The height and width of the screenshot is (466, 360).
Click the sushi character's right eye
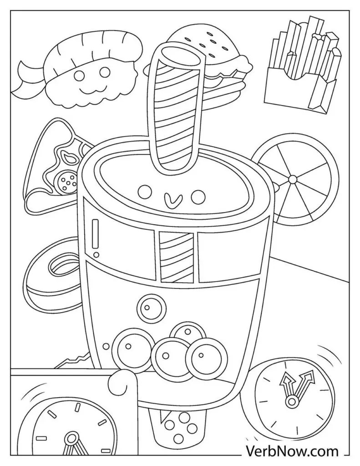point(104,71)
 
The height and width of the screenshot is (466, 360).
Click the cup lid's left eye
point(145,192)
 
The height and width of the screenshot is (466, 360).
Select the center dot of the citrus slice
point(293,179)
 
